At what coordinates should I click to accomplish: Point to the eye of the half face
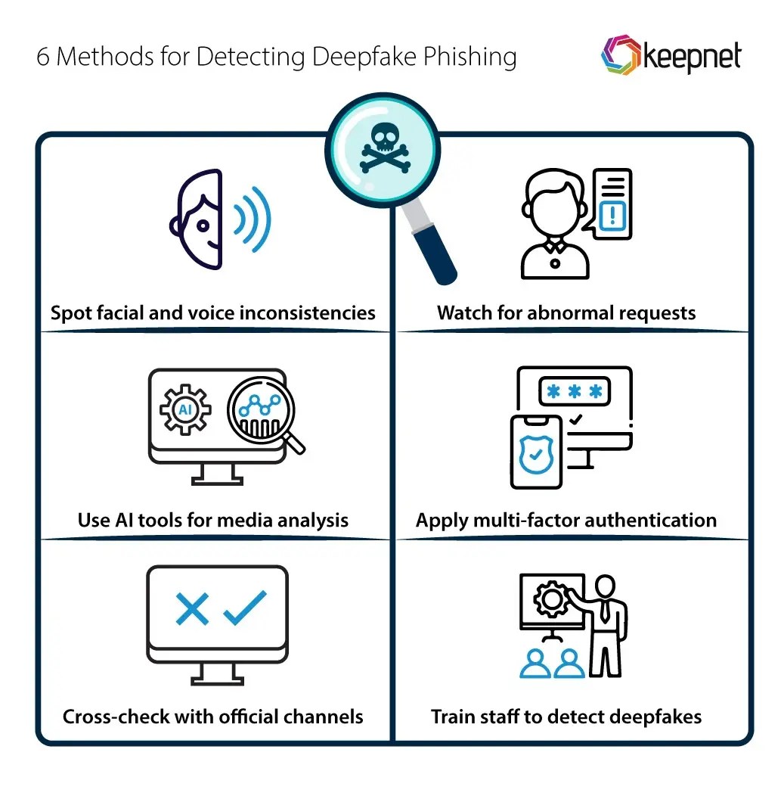tap(202, 225)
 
